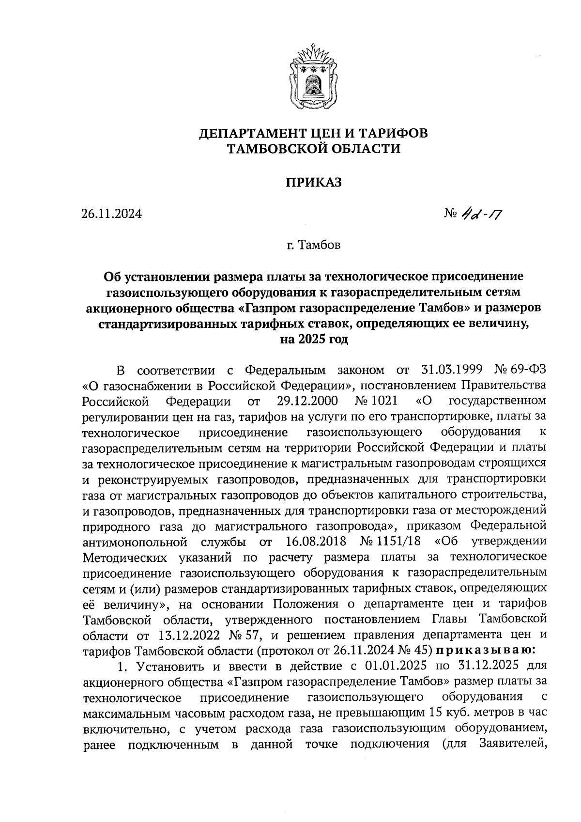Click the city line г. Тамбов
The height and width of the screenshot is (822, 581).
click(313, 245)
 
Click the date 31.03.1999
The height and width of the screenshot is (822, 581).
click(449, 371)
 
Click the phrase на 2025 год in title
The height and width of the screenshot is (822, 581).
click(314, 340)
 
